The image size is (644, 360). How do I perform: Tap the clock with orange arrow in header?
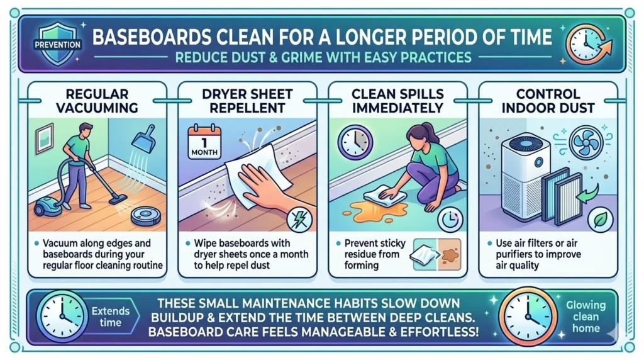coord(587,43)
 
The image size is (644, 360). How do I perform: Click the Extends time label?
coord(110,316)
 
